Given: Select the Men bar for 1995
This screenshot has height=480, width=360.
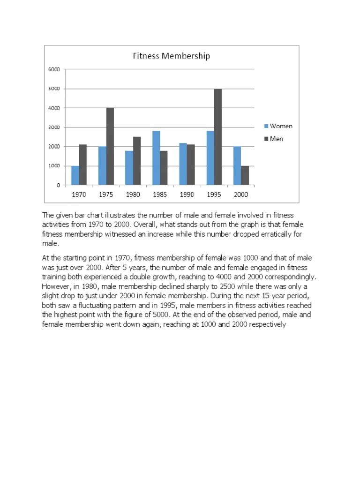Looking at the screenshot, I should (217, 137).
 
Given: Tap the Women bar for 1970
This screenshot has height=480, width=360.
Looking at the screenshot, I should (75, 175).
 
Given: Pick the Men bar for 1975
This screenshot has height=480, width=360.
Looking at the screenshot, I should (110, 146).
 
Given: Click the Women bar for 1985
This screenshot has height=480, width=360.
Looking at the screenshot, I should (156, 158).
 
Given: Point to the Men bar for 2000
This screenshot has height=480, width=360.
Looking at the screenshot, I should (245, 175).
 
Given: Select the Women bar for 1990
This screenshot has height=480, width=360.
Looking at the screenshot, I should (183, 164).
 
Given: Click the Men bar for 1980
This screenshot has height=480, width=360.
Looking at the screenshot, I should (137, 161).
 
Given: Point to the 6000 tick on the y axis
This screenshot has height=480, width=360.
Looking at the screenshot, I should (54, 69).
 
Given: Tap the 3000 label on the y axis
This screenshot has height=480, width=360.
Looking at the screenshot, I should (54, 127).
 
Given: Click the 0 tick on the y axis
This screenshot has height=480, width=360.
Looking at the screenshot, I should (58, 185).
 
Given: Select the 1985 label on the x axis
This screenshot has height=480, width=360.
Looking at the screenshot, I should (160, 194).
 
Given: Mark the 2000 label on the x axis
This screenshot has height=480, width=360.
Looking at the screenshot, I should (241, 194).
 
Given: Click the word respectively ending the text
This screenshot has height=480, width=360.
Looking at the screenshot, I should (262, 323).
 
